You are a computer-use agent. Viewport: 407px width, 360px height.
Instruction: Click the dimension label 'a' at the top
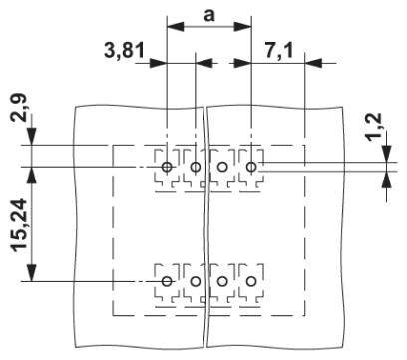point(208,14)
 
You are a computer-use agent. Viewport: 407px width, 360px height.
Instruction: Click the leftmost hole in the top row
point(167,166)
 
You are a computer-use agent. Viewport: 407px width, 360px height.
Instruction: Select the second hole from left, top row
point(195,167)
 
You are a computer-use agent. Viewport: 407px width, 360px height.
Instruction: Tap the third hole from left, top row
point(222,167)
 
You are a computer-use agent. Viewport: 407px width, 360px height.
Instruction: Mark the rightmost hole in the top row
point(251,166)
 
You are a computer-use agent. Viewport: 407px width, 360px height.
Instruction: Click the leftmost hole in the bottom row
point(167,282)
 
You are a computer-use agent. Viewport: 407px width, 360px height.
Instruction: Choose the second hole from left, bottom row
point(195,282)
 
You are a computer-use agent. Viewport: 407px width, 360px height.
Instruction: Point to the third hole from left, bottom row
point(222,282)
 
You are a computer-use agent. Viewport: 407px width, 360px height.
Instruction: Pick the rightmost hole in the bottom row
point(251,282)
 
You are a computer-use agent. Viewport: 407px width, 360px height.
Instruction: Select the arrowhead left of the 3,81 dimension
point(160,62)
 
